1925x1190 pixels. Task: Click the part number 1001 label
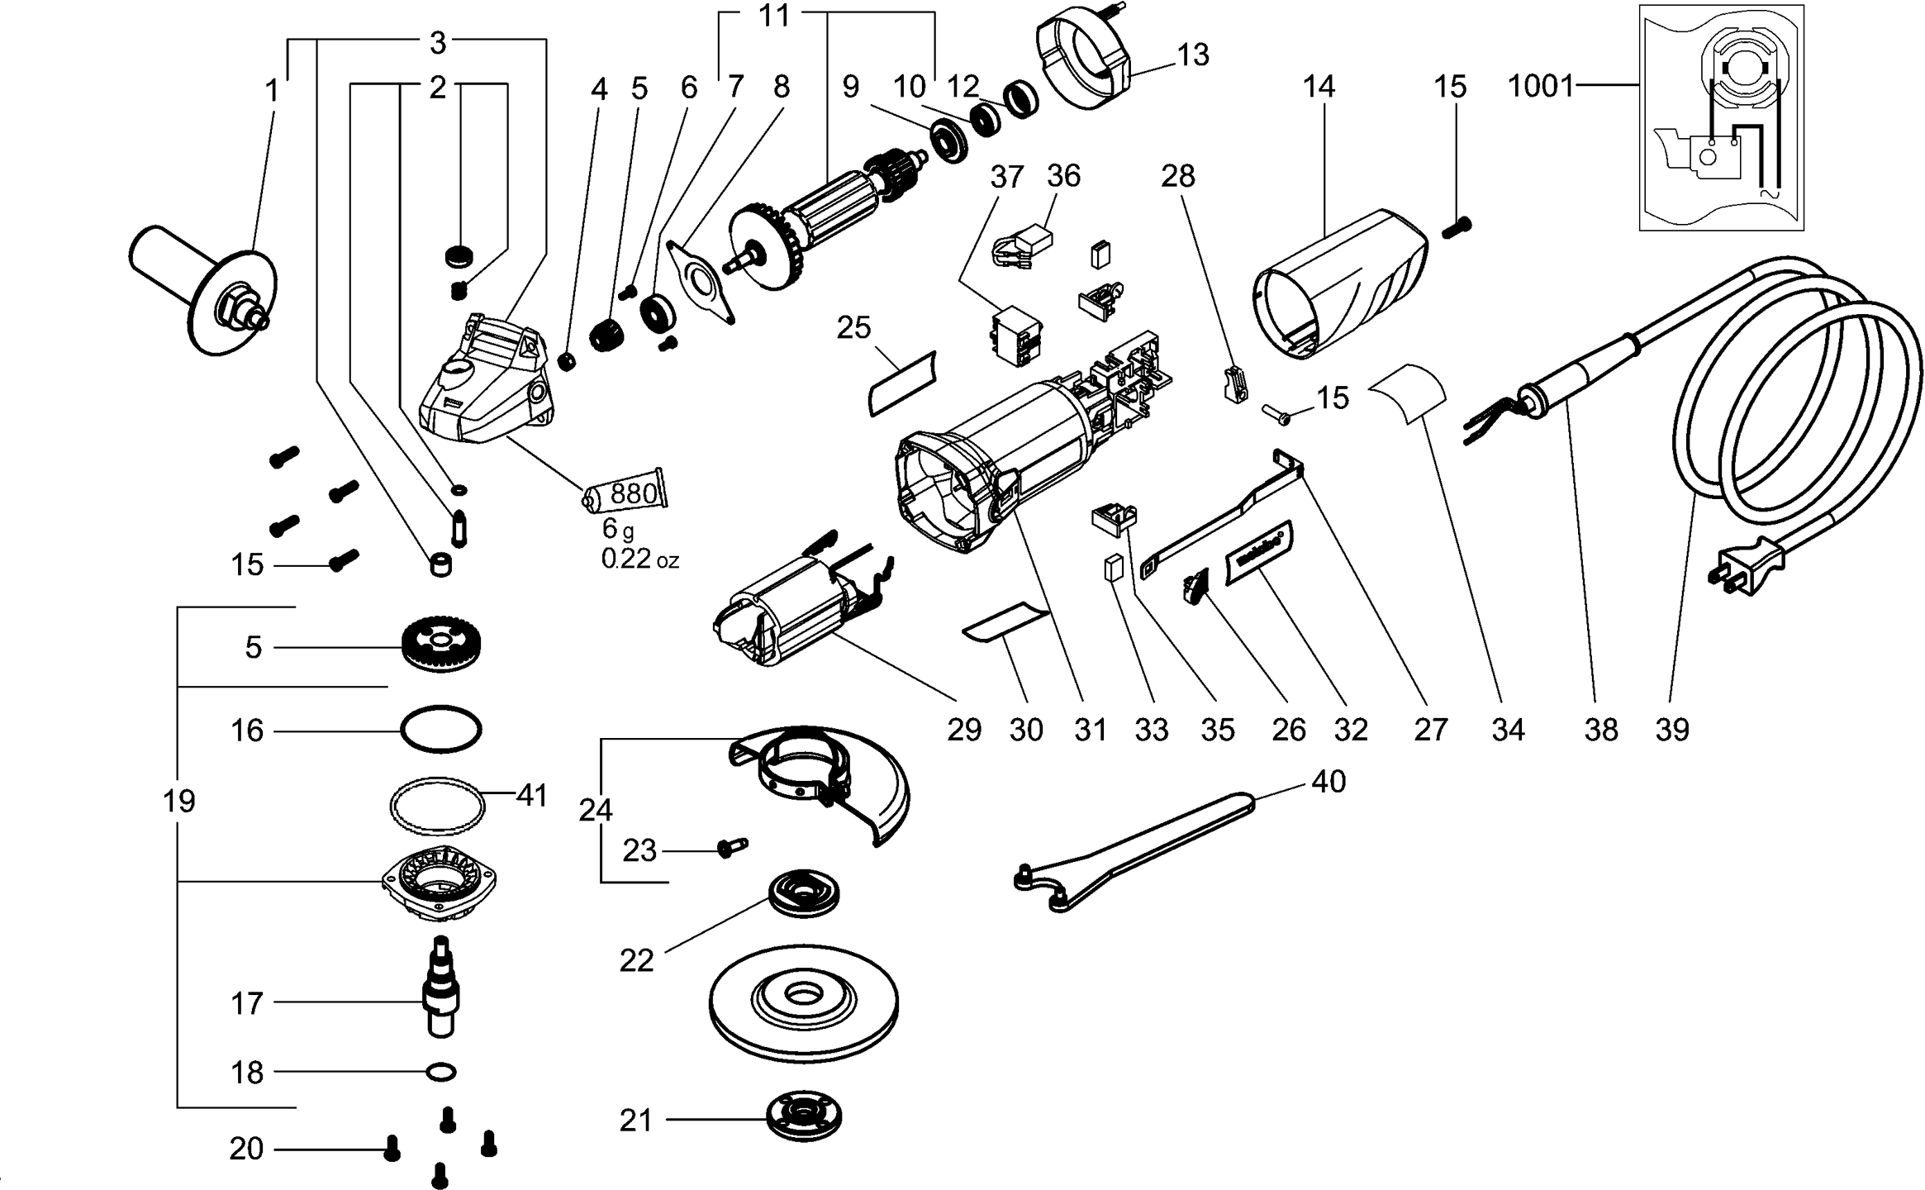coord(1540,86)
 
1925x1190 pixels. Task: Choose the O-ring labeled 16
coord(440,729)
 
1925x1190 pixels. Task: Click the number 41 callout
coord(532,796)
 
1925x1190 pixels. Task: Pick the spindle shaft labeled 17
coord(440,988)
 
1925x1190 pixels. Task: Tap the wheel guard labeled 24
coord(822,781)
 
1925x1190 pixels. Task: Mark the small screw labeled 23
coord(732,847)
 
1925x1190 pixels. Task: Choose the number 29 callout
coord(963,730)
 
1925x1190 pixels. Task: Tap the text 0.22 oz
coord(639,559)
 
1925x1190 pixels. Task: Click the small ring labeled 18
coord(441,1073)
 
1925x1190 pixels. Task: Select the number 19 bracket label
coord(179,800)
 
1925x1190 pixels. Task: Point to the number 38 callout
coord(1600,730)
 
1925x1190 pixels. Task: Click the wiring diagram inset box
coord(1721,117)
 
